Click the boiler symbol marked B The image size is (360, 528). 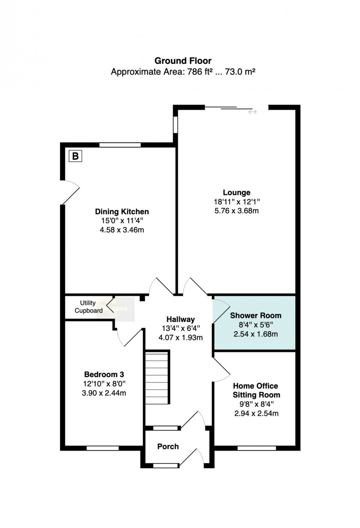coord(75,156)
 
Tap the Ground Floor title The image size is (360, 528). coord(183,61)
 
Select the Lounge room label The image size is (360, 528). coord(237,192)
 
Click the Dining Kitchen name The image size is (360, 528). coord(122,211)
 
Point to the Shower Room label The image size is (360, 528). coord(256,315)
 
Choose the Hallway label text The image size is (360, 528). coord(181,319)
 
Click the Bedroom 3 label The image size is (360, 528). coord(104,374)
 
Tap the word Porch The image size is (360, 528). coord(168,446)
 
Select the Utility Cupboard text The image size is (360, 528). coord(89,307)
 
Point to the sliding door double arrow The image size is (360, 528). coord(252,112)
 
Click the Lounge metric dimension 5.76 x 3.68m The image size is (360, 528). coord(237,210)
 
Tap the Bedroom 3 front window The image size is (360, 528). coord(102,448)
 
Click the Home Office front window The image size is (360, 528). coord(256,448)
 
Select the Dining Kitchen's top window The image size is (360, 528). coord(120,145)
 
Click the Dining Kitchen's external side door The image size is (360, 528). coord(70,192)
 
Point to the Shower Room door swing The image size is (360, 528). coord(221,311)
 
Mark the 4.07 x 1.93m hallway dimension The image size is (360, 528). coord(181,337)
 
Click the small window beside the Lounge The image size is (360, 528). coord(175,124)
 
